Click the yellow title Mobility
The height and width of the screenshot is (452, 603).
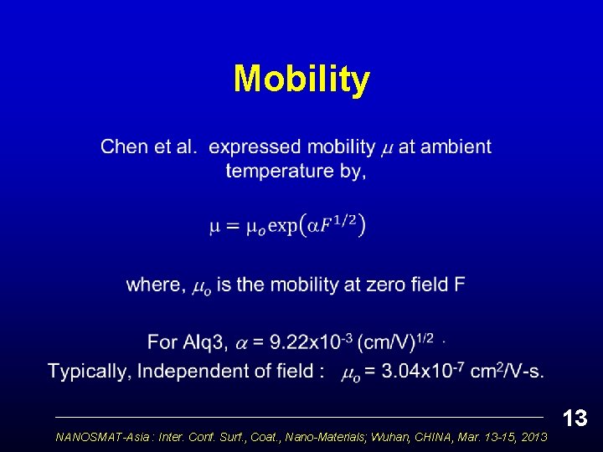click(x=301, y=80)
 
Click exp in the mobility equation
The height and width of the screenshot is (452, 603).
click(x=283, y=227)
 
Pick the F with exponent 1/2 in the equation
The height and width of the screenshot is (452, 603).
click(x=327, y=227)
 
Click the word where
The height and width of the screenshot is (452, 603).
click(x=155, y=285)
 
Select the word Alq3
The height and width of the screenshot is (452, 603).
click(x=204, y=342)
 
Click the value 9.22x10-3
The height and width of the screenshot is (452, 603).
click(x=311, y=342)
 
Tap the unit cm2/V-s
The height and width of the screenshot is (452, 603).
click(x=506, y=371)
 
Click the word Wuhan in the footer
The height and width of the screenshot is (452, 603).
click(x=384, y=437)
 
